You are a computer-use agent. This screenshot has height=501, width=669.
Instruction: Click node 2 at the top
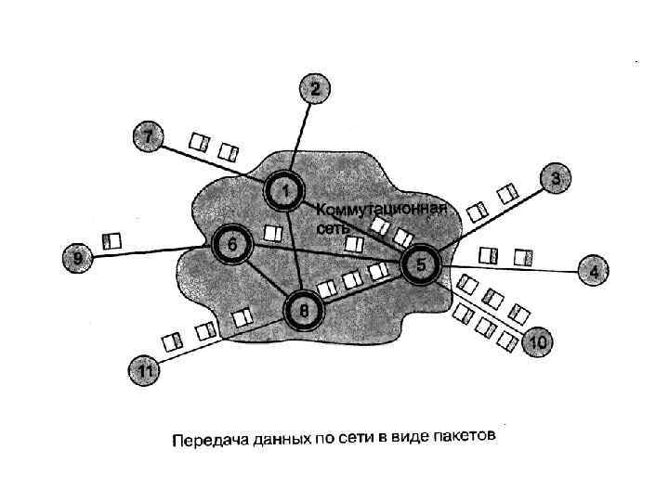pos(314,89)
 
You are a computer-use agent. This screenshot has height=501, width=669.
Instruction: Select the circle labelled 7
pos(147,136)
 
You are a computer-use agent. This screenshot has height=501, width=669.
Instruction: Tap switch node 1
pos(285,192)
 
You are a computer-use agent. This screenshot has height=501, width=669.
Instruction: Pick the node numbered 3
pos(555,178)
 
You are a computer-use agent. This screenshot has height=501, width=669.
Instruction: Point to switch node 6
pos(232,244)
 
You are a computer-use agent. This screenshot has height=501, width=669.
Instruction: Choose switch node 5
pos(421,265)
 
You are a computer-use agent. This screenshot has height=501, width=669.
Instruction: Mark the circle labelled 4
pos(594,272)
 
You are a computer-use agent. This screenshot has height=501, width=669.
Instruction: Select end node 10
pos(537,342)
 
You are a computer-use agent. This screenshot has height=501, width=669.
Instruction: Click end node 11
pos(145,370)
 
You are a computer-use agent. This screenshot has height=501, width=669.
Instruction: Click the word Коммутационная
pos(383,209)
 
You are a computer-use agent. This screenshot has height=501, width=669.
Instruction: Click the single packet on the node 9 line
pos(112,241)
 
